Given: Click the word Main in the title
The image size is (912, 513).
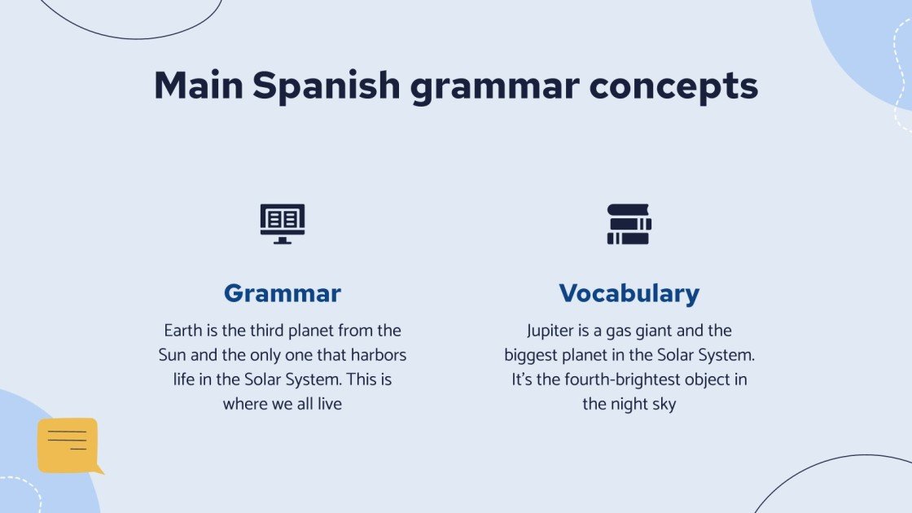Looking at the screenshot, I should [x=198, y=85].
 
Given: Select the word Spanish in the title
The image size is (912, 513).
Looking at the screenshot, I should [x=327, y=85].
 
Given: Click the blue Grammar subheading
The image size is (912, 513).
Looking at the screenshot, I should [x=283, y=293].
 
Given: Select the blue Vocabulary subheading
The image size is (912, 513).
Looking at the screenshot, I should [x=629, y=293].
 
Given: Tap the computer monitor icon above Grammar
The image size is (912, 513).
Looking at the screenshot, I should [x=283, y=224].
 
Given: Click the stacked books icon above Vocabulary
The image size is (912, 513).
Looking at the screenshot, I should [x=629, y=224].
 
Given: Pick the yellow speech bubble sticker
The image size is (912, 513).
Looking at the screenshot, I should [x=68, y=445].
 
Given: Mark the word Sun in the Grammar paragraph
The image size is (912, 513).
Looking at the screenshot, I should [x=173, y=356].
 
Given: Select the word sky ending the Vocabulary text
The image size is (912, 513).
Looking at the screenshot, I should [x=663, y=404].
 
